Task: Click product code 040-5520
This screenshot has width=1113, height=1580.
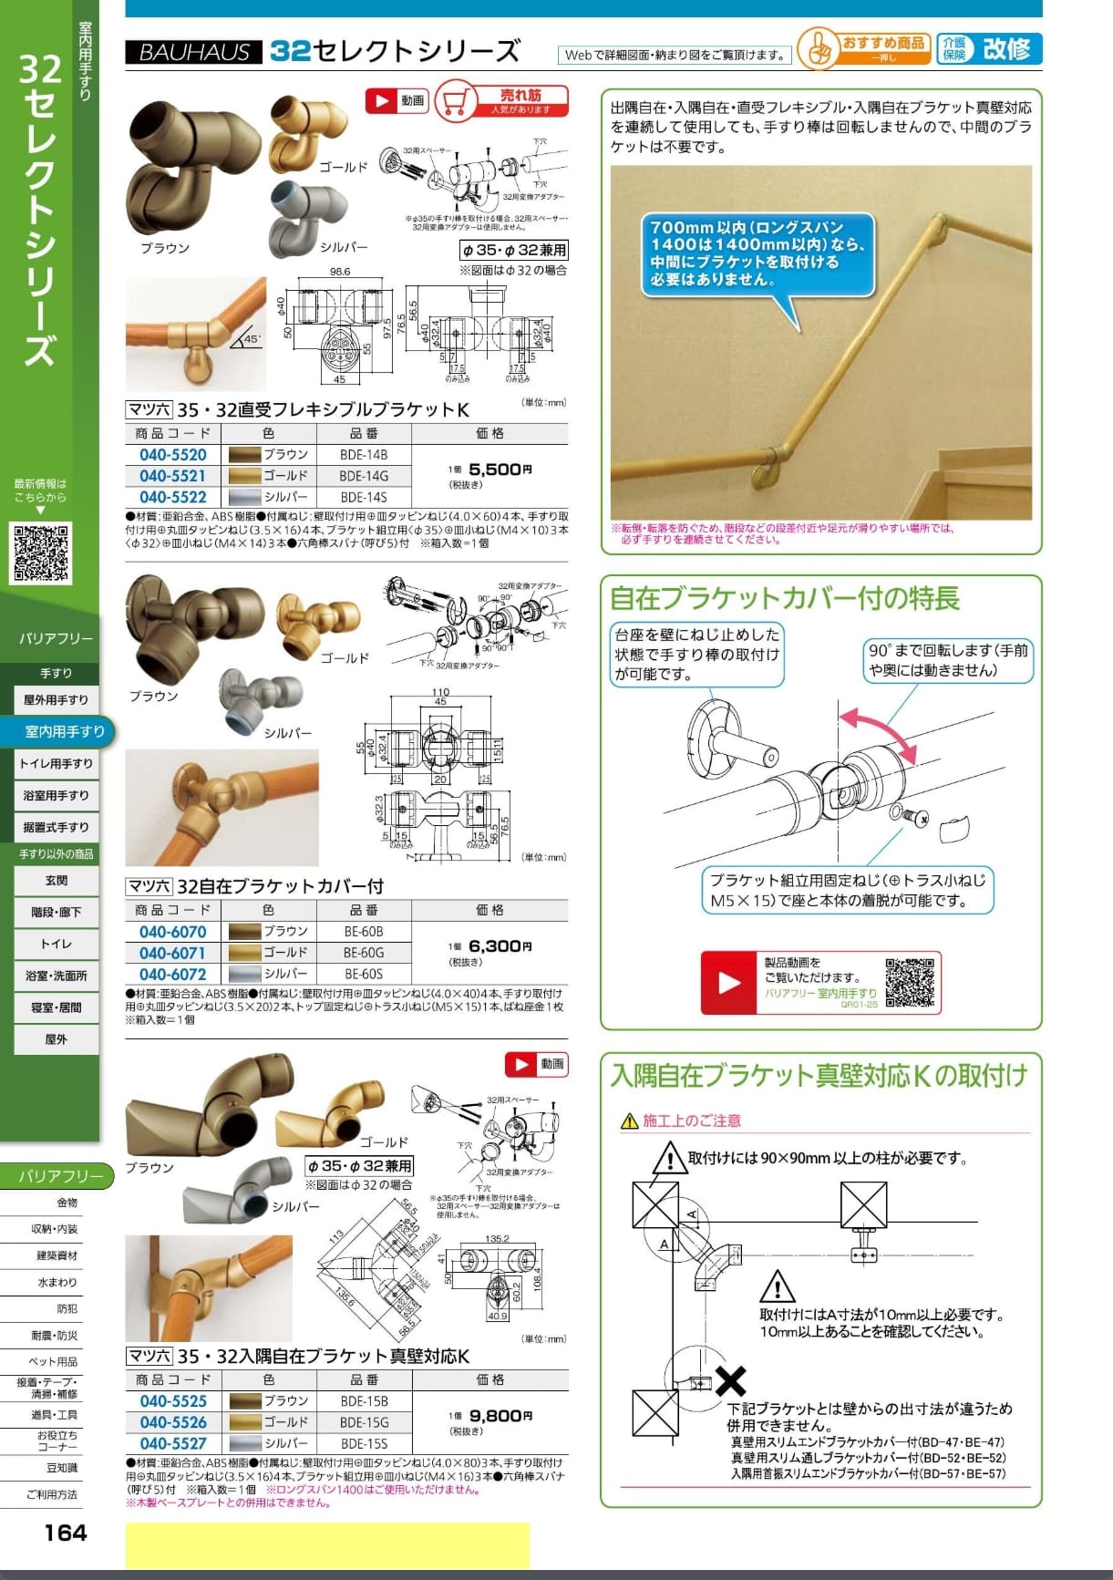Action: click(x=172, y=455)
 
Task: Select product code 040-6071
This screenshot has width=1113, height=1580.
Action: click(x=172, y=953)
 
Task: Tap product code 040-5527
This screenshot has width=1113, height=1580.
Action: click(x=172, y=1443)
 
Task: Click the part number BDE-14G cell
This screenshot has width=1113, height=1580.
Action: click(x=364, y=476)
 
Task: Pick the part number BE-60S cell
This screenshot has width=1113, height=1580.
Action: click(x=364, y=974)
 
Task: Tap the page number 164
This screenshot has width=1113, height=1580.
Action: click(x=66, y=1533)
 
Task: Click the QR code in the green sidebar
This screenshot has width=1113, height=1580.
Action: click(x=41, y=552)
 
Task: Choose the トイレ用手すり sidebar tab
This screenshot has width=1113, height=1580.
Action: click(x=57, y=763)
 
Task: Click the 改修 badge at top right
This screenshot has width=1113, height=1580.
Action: click(x=1005, y=48)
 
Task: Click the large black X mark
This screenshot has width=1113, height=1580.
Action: click(x=730, y=1380)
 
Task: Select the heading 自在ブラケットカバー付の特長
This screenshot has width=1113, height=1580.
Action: click(x=784, y=598)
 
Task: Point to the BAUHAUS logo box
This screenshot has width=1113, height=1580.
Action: click(x=193, y=52)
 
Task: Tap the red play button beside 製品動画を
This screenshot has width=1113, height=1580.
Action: click(x=729, y=982)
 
